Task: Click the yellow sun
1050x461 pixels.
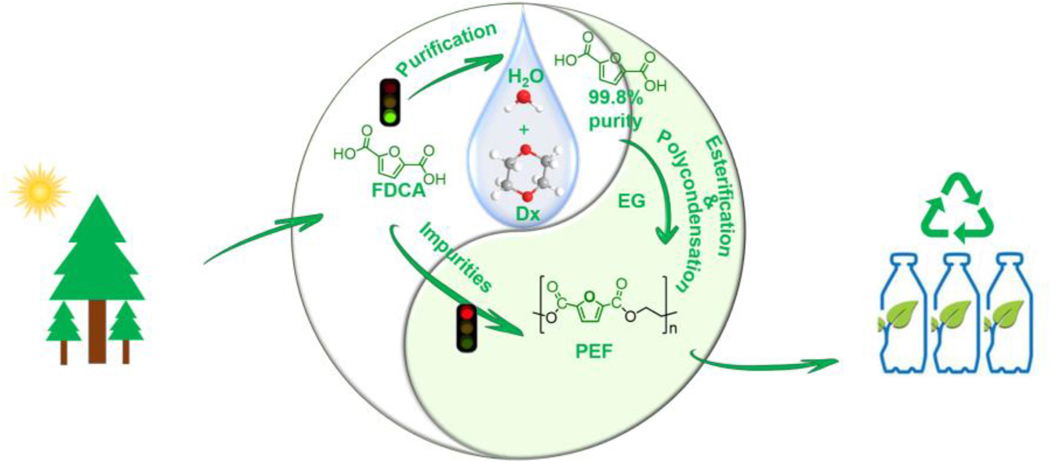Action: [x=40, y=191]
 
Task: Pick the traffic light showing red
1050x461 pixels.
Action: [x=467, y=328]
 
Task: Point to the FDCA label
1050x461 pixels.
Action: [x=398, y=191]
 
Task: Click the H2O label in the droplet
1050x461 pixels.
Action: [x=526, y=77]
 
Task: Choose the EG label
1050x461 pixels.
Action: [x=632, y=200]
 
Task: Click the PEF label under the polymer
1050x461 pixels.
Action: [x=594, y=352]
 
